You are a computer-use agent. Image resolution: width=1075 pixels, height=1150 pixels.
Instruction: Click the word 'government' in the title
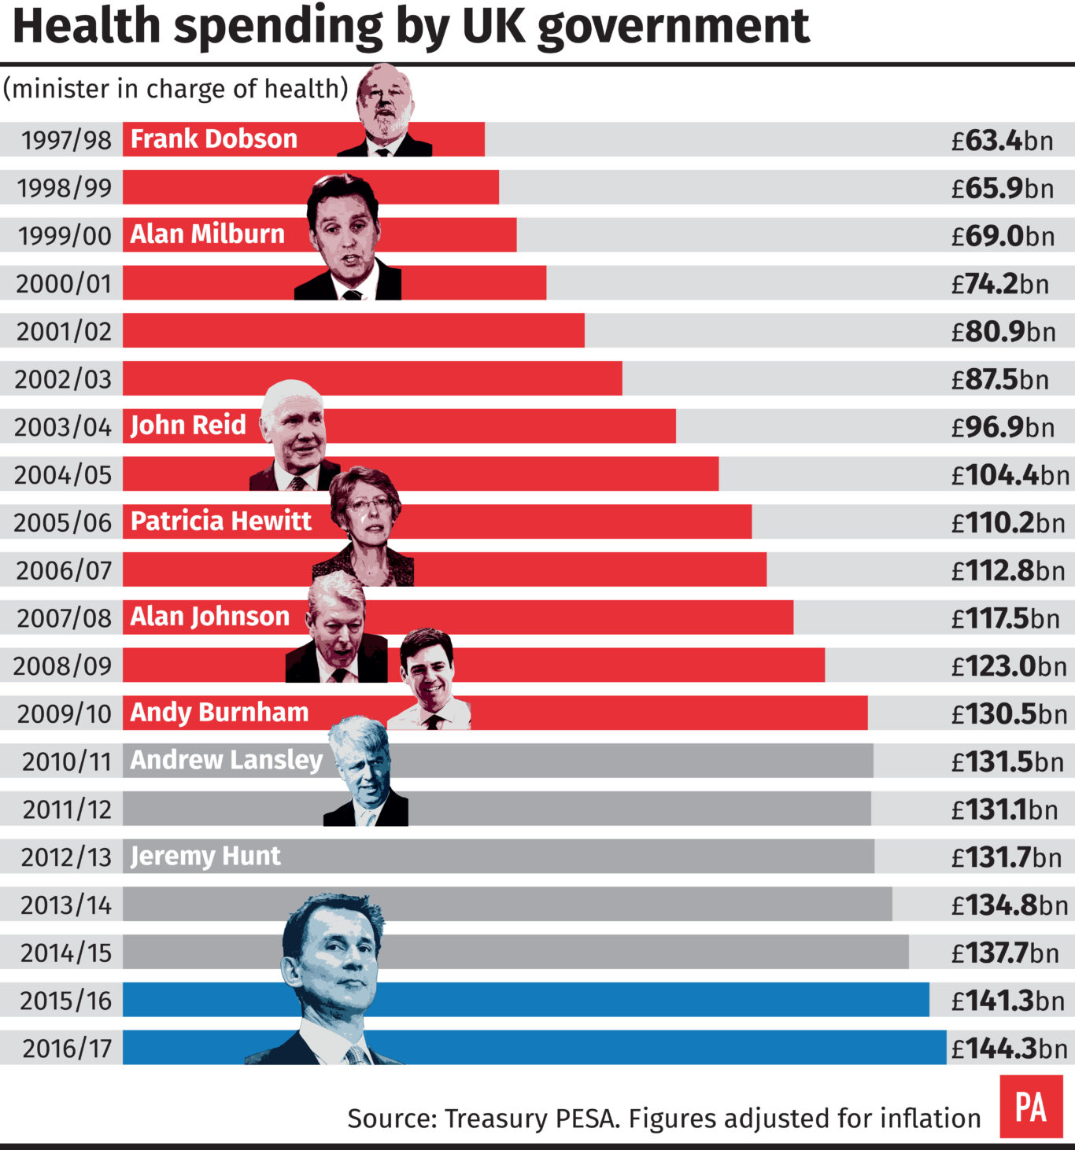[673, 27]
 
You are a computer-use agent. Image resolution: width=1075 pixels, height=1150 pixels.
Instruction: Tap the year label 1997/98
[66, 140]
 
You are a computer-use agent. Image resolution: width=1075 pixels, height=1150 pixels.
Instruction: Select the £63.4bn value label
[1002, 141]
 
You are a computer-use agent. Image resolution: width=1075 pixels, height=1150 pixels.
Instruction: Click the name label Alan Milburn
[207, 234]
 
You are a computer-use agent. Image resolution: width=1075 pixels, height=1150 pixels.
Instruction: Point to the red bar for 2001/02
[354, 330]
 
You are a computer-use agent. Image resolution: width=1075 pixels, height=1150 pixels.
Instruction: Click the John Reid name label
[188, 426]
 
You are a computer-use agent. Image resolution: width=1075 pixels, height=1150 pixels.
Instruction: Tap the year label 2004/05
[63, 475]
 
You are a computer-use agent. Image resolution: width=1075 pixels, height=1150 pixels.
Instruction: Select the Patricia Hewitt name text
[220, 521]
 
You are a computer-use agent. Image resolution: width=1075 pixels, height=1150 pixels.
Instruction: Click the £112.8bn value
[1007, 571]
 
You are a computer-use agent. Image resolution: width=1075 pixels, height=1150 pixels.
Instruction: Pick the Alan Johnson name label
[209, 617]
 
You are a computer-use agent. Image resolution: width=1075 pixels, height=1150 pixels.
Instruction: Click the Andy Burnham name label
[219, 713]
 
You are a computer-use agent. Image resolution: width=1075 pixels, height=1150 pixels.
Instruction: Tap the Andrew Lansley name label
[226, 760]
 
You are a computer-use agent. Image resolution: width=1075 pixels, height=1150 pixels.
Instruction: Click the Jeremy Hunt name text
[205, 856]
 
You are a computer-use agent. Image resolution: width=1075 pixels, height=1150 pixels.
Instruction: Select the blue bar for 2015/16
[630, 1000]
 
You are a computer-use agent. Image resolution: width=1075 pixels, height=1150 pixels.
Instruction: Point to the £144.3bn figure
[1009, 1049]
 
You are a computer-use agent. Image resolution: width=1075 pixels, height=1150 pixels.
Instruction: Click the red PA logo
[1031, 1107]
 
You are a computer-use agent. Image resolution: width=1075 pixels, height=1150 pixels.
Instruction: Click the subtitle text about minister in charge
[175, 89]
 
